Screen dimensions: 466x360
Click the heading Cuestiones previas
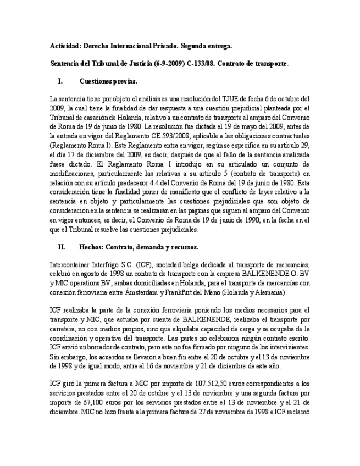click(108, 81)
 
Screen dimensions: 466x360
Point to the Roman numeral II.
click(62, 247)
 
